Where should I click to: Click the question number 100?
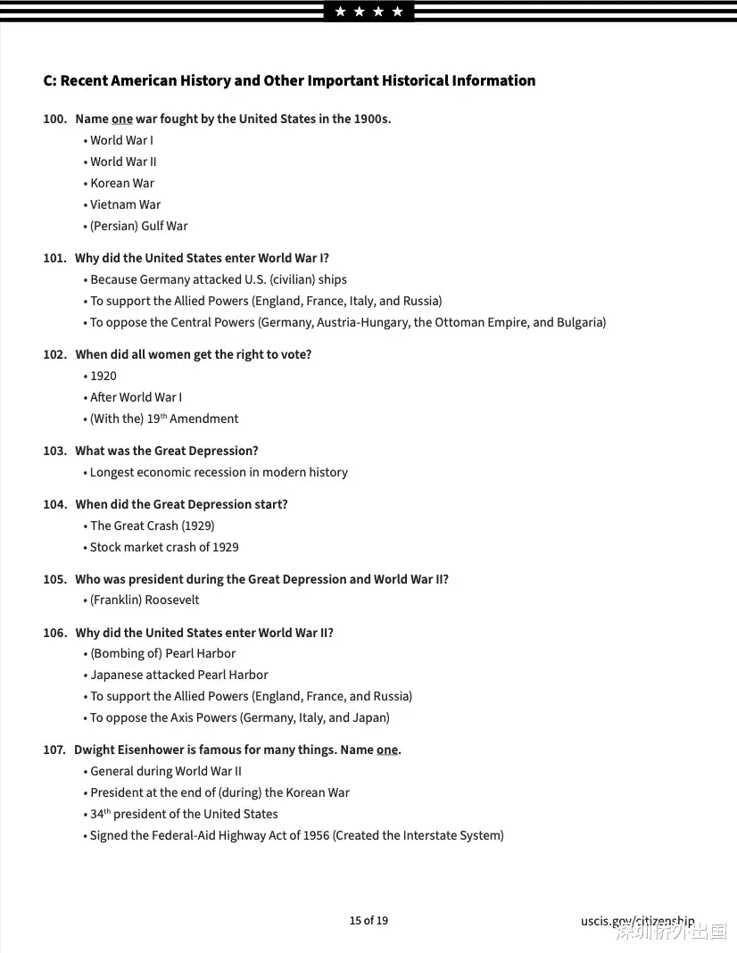pyautogui.click(x=54, y=119)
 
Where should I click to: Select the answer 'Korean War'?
pyautogui.click(x=122, y=183)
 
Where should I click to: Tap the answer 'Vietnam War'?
pyautogui.click(x=125, y=204)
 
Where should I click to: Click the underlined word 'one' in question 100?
pyautogui.click(x=122, y=119)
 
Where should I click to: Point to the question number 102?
pyautogui.click(x=54, y=354)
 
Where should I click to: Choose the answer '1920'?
pyautogui.click(x=104, y=376)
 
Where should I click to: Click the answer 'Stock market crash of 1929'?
pyautogui.click(x=164, y=547)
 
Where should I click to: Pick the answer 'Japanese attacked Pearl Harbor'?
pyautogui.click(x=178, y=675)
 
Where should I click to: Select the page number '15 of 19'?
pyautogui.click(x=368, y=920)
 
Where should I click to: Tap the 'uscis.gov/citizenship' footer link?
pyautogui.click(x=637, y=921)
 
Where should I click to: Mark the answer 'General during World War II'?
pyautogui.click(x=166, y=771)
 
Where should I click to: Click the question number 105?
pyautogui.click(x=54, y=579)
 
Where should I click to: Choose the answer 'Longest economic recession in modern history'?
pyautogui.click(x=219, y=472)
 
